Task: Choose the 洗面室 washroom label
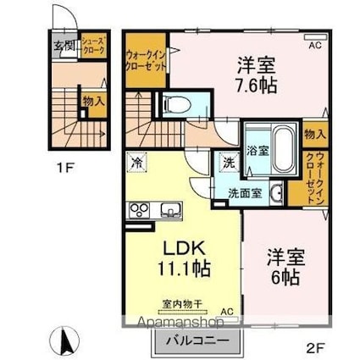coord(244,193)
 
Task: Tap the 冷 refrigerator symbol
coord(136,159)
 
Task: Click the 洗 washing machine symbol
coord(229,163)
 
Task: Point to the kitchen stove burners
coord(137,210)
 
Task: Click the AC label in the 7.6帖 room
coord(313,45)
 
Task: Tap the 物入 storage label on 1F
coord(94,102)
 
